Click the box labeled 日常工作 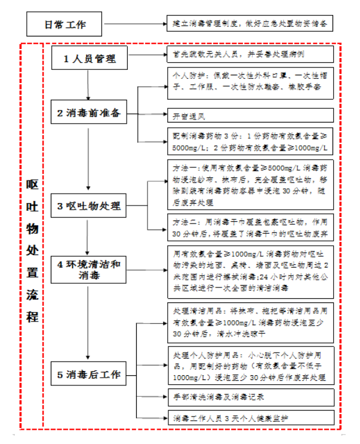(x=65, y=25)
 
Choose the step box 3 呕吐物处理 (x=89, y=207)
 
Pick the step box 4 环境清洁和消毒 (x=89, y=270)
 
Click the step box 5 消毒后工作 (x=89, y=375)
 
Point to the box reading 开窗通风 (x=250, y=115)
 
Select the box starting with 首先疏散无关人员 (x=250, y=54)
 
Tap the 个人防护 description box (x=250, y=82)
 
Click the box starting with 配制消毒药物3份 (x=250, y=141)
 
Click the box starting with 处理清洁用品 (x=250, y=322)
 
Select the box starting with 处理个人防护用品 (x=250, y=365)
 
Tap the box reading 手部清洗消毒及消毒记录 (x=250, y=396)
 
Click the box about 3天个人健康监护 (x=250, y=417)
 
